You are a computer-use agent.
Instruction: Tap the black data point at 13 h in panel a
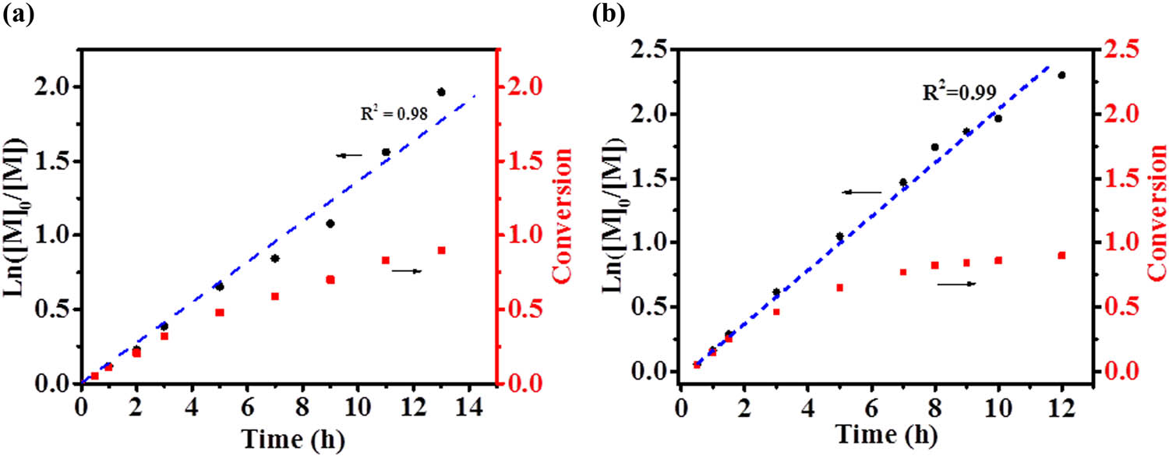pos(441,92)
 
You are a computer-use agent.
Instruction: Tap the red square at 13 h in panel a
pos(441,250)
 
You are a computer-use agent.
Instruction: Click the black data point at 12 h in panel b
pos(1061,75)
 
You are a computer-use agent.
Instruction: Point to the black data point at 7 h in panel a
pos(275,259)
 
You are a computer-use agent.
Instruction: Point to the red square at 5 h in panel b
pos(840,288)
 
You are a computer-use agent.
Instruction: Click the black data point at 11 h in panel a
pos(386,152)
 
